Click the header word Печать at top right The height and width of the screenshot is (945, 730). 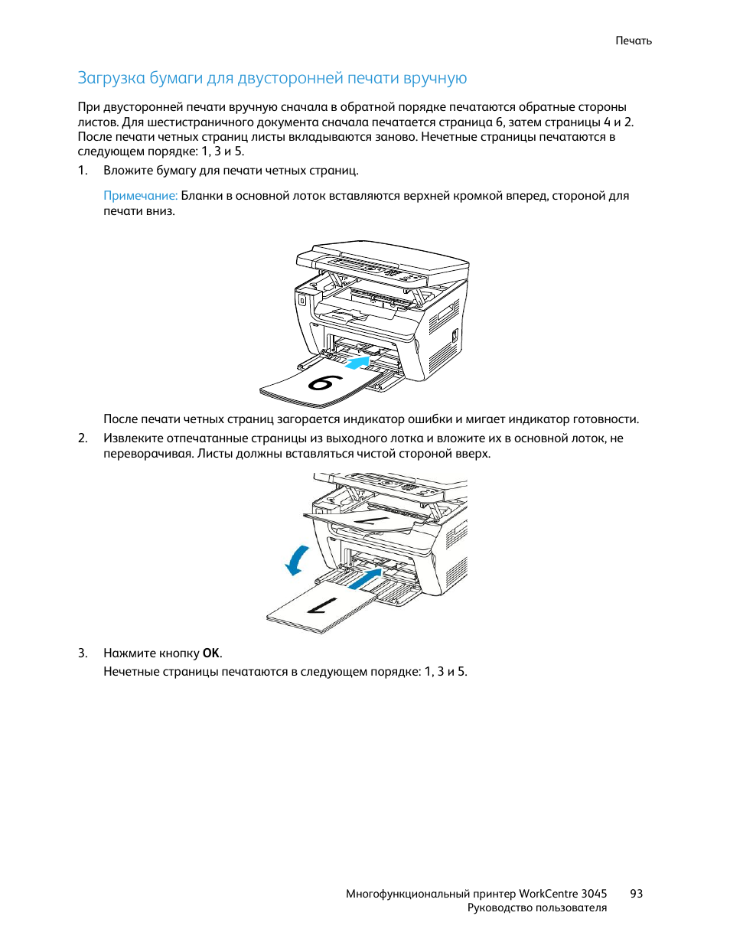(633, 41)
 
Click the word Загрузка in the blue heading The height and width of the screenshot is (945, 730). (112, 78)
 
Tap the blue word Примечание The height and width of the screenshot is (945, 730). (140, 196)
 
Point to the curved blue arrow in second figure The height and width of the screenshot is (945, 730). (297, 560)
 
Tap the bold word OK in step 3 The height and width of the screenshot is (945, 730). (211, 653)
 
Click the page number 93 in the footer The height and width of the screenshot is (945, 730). (636, 894)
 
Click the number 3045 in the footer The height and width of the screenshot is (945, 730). (594, 894)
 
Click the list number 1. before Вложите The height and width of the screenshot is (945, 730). (83, 171)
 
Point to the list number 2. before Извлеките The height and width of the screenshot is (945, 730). (83, 438)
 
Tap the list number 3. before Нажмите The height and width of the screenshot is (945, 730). (83, 653)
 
